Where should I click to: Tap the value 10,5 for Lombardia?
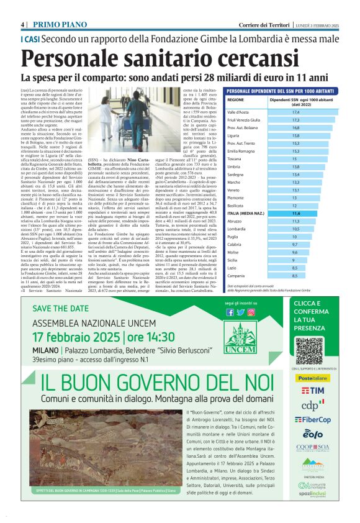click(x=296, y=229)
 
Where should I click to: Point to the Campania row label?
click(x=238, y=275)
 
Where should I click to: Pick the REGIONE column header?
click(x=236, y=99)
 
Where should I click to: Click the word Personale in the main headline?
click(x=73, y=58)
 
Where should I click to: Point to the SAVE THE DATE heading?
click(x=62, y=309)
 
